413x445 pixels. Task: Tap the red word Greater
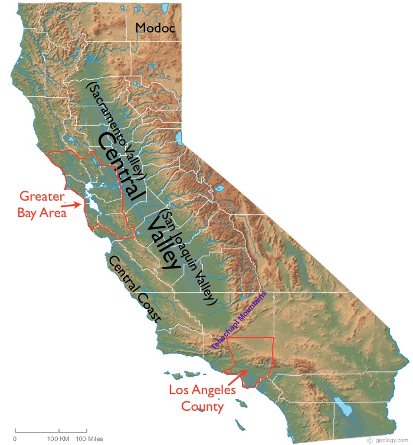(42, 197)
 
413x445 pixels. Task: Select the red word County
(202, 406)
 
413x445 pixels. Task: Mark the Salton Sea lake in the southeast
(343, 408)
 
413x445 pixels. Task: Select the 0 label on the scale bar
(15, 439)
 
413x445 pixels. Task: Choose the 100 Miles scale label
(87, 439)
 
